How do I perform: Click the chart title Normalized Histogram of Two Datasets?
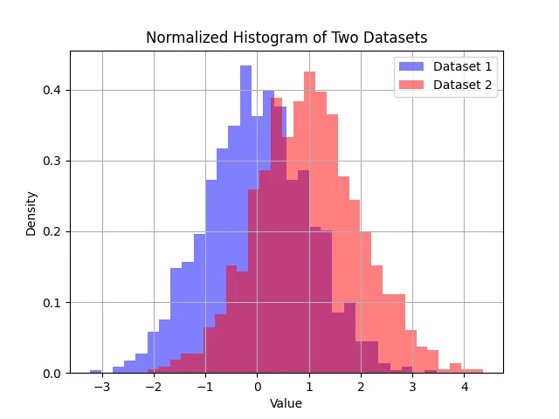(x=286, y=38)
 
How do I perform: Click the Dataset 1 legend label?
(x=463, y=66)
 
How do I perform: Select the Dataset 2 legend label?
(x=463, y=85)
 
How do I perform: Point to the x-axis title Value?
(x=286, y=403)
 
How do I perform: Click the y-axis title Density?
(x=31, y=213)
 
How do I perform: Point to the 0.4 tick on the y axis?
(x=53, y=90)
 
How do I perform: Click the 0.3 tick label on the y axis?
(x=53, y=161)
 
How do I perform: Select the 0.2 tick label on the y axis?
(x=53, y=232)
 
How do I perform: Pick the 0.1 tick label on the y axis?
(x=53, y=303)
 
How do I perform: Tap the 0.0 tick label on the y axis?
(x=53, y=374)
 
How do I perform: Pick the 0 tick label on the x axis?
(x=257, y=387)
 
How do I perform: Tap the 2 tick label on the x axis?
(x=361, y=387)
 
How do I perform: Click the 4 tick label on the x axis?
(x=464, y=387)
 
